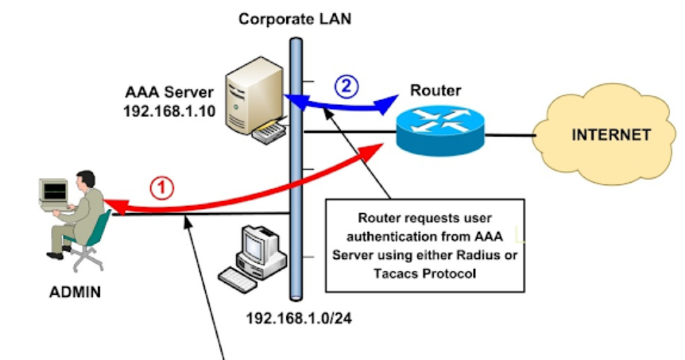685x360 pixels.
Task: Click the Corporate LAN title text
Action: click(x=295, y=17)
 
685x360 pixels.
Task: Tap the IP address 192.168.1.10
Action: click(x=169, y=111)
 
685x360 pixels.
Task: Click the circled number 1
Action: click(x=161, y=188)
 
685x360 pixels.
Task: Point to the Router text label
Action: click(x=435, y=90)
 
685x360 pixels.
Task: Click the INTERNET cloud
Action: click(x=610, y=135)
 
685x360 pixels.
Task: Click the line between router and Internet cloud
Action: click(x=509, y=135)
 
